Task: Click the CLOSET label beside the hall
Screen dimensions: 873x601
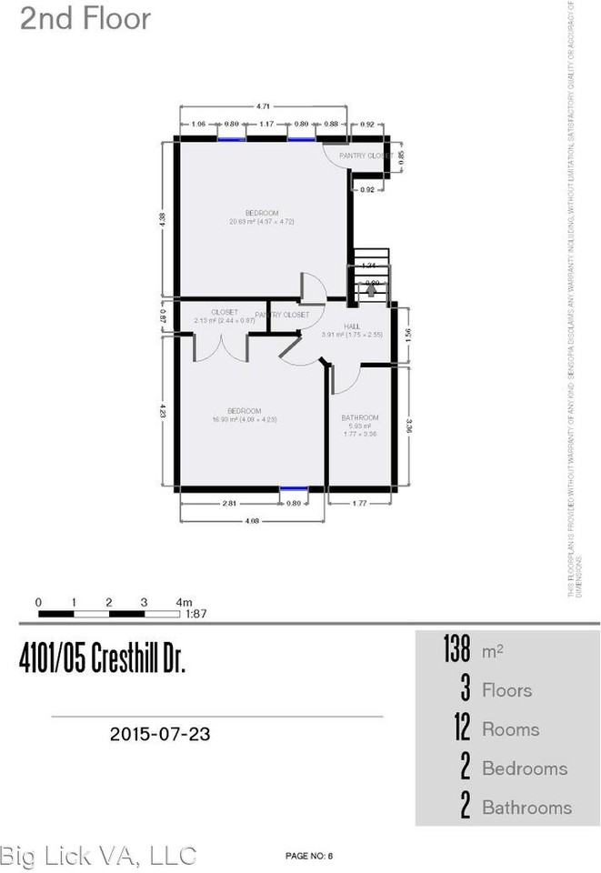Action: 215,311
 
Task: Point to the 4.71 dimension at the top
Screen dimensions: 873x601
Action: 264,105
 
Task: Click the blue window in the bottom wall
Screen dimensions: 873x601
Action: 294,489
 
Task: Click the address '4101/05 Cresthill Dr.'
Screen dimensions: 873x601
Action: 102,662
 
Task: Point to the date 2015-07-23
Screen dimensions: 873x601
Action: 160,733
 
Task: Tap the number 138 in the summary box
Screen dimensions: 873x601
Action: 456,651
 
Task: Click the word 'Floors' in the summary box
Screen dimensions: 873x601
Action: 506,690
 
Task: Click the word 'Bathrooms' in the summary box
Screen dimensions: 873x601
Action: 526,808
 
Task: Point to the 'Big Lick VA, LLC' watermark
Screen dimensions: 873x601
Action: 98,855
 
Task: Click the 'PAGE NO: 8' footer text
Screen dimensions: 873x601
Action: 310,856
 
